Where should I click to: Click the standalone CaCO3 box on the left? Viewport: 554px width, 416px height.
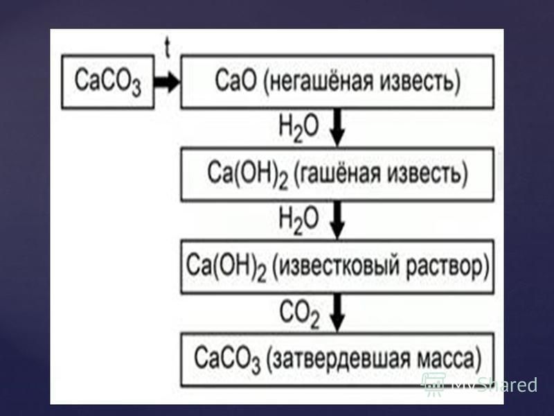pyautogui.click(x=108, y=82)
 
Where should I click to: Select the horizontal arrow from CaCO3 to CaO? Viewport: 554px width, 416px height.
pyautogui.click(x=167, y=82)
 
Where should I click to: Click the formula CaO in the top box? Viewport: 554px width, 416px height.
pyautogui.click(x=235, y=80)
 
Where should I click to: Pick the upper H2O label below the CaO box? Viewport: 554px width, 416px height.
pyautogui.click(x=298, y=128)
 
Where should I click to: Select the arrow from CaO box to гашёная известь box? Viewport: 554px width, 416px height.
pyautogui.click(x=338, y=128)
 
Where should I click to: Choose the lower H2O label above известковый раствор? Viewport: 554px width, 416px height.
pyautogui.click(x=298, y=220)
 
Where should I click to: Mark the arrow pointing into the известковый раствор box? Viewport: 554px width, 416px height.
pyautogui.click(x=338, y=220)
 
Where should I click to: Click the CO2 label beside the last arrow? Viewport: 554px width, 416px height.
pyautogui.click(x=299, y=313)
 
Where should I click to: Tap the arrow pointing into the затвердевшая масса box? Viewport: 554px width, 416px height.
pyautogui.click(x=338, y=313)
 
